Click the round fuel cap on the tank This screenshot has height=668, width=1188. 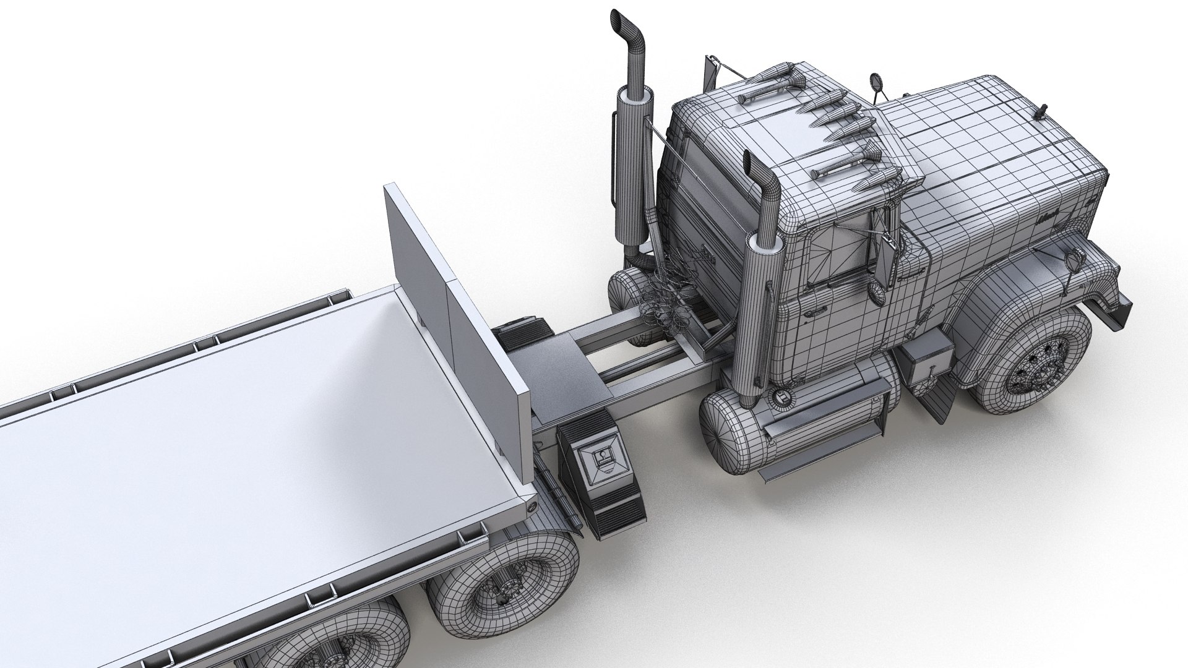[781, 395]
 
